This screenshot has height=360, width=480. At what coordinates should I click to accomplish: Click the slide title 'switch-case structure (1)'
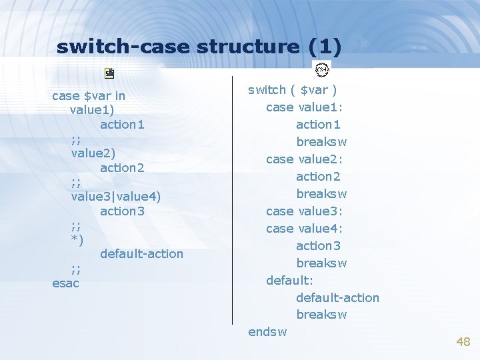pyautogui.click(x=199, y=47)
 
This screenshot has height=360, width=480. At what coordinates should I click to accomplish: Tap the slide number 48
pyautogui.click(x=463, y=342)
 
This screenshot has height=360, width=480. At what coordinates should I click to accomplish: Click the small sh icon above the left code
pyautogui.click(x=109, y=73)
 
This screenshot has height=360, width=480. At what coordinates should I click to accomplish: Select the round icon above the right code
pyautogui.click(x=323, y=70)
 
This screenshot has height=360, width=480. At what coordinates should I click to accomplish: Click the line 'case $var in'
pyautogui.click(x=89, y=96)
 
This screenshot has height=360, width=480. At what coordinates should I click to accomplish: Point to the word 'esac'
pyautogui.click(x=65, y=283)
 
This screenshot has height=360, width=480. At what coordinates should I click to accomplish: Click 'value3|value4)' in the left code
pyautogui.click(x=116, y=197)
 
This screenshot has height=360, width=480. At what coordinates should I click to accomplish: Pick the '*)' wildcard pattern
pyautogui.click(x=77, y=240)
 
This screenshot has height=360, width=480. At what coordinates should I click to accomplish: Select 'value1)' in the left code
pyautogui.click(x=92, y=110)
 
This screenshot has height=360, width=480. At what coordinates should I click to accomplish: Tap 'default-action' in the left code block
pyautogui.click(x=141, y=254)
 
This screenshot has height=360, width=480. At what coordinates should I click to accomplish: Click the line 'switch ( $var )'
pyautogui.click(x=292, y=90)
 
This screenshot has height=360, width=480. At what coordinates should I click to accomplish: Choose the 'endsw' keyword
pyautogui.click(x=267, y=332)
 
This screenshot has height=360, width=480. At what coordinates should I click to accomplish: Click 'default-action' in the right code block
pyautogui.click(x=337, y=298)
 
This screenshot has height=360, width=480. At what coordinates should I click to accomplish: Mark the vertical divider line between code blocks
pyautogui.click(x=232, y=200)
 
